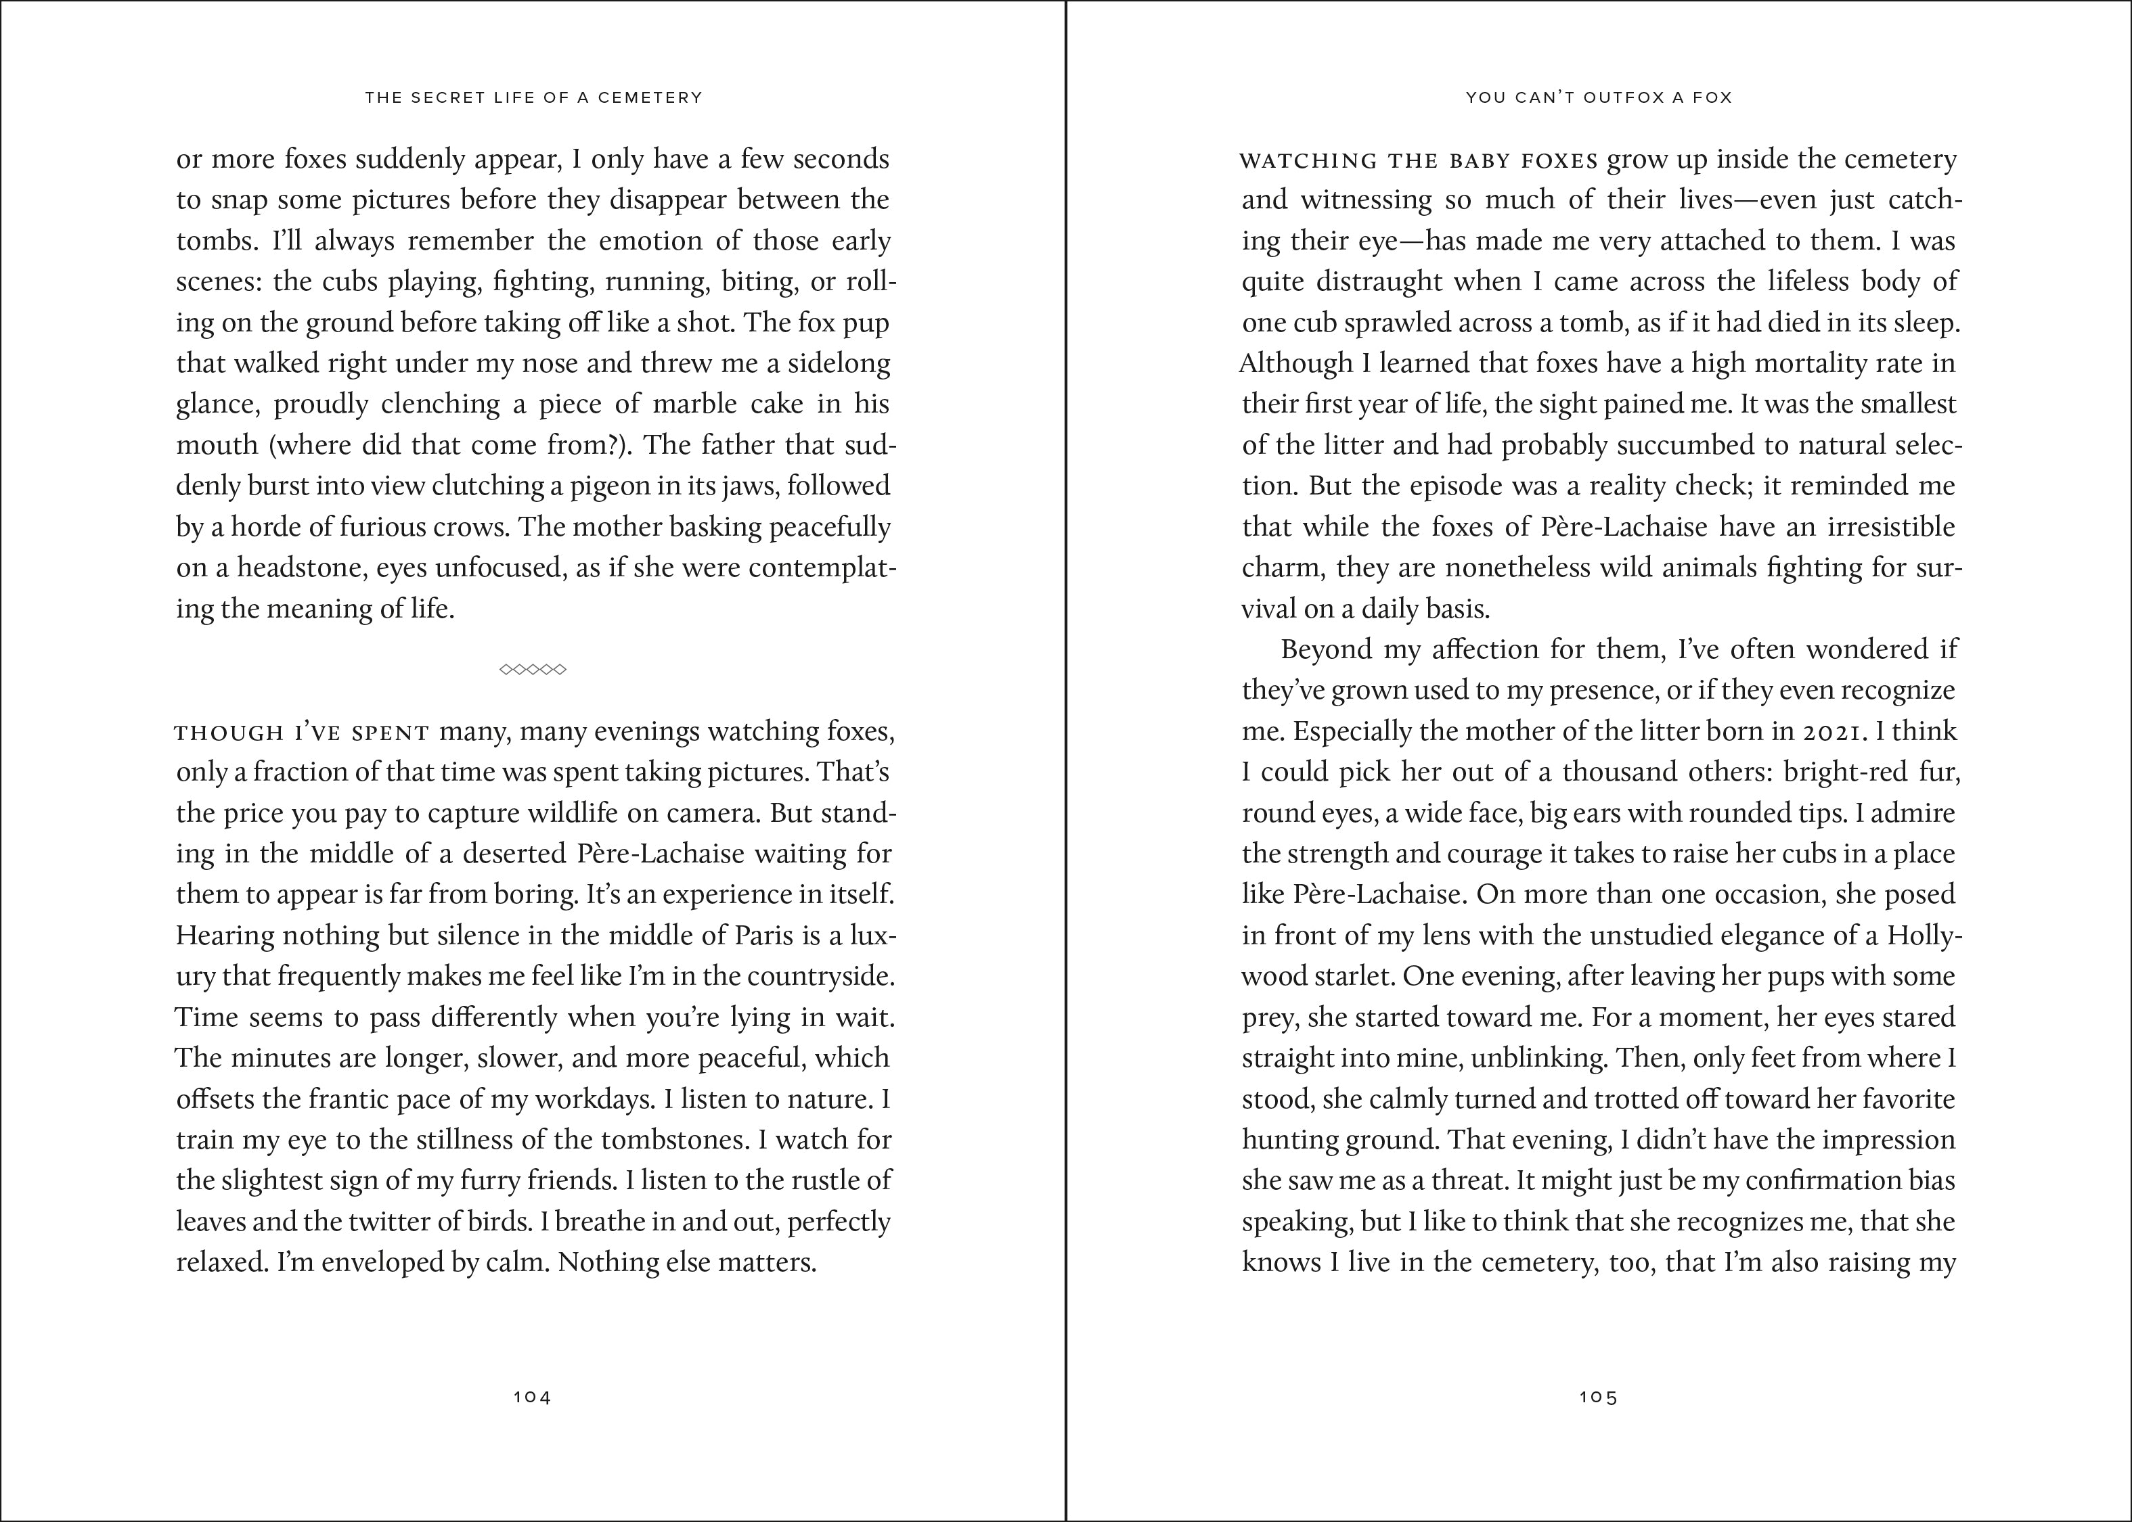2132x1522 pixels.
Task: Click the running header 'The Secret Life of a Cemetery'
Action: coord(533,97)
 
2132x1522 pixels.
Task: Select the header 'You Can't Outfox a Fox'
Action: coord(1599,97)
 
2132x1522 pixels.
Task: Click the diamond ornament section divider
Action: coord(533,669)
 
